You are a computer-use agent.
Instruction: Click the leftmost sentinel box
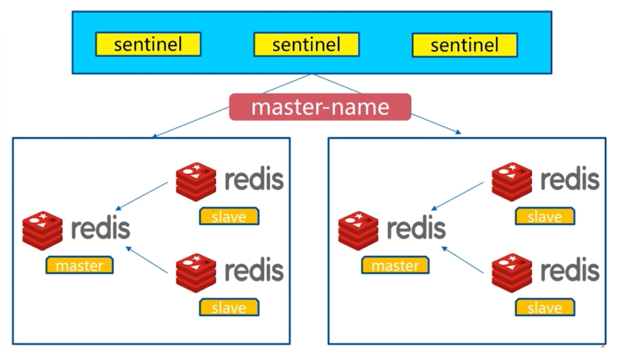(x=148, y=44)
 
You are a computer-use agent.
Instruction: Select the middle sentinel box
(x=307, y=44)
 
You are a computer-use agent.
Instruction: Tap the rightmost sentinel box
(x=465, y=45)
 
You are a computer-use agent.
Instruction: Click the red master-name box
(x=320, y=107)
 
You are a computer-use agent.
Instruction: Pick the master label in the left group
(x=80, y=265)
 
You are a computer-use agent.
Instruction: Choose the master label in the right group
(x=395, y=265)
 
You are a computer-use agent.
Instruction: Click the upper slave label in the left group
(x=229, y=216)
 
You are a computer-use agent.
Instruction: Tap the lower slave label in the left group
(x=229, y=307)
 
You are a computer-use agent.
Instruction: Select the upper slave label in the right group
(x=545, y=216)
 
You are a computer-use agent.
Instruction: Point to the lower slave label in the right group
(x=545, y=307)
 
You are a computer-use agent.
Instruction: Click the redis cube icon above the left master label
(x=43, y=231)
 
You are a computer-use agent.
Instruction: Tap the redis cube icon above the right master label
(x=358, y=231)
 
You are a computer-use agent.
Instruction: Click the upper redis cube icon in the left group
(x=196, y=182)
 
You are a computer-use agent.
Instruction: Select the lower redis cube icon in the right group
(x=512, y=273)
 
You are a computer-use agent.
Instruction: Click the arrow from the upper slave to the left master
(x=141, y=196)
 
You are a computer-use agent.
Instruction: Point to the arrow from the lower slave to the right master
(x=463, y=260)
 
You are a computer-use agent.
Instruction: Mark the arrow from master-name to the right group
(x=437, y=124)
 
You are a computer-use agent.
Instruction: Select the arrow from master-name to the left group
(x=191, y=122)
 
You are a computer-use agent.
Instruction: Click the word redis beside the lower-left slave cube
(x=255, y=270)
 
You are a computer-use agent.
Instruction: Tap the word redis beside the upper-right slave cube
(x=570, y=179)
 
